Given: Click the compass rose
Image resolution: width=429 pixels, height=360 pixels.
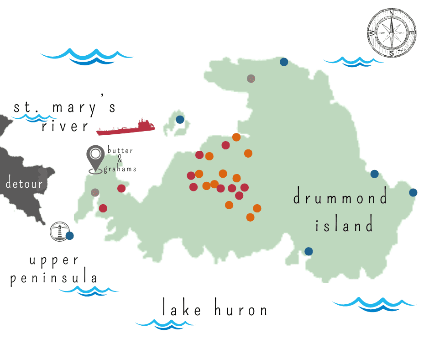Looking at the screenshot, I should (x=392, y=32).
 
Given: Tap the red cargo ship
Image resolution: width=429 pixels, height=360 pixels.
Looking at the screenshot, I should (x=126, y=127).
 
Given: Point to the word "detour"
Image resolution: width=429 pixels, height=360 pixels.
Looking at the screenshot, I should (x=24, y=184).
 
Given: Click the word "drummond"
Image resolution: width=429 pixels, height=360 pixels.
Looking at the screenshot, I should (x=340, y=198).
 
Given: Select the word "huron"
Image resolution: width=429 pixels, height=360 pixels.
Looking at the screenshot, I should (x=241, y=310).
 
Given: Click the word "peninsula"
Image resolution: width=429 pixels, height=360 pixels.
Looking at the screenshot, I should (x=54, y=278).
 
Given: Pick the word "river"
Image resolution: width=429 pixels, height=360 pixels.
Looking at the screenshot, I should (x=65, y=126).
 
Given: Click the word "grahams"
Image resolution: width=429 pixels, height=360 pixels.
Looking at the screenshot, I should (x=120, y=169).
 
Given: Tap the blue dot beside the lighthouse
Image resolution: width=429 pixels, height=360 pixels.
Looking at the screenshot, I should (x=70, y=236).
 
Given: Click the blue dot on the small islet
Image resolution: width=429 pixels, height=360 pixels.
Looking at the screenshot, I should (x=180, y=120).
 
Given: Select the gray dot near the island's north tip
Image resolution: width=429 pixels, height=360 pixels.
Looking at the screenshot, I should (x=251, y=79).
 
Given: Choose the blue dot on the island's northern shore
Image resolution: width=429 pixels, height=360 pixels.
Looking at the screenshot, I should (x=284, y=62).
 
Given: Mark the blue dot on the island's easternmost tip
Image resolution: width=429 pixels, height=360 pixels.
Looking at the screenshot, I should (x=413, y=192).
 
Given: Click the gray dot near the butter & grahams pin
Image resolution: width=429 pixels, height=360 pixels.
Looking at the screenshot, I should (x=95, y=192).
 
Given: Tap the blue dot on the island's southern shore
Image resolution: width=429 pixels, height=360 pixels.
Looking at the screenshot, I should (x=309, y=251).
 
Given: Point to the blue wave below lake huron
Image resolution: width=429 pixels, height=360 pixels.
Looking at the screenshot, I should (x=165, y=324).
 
